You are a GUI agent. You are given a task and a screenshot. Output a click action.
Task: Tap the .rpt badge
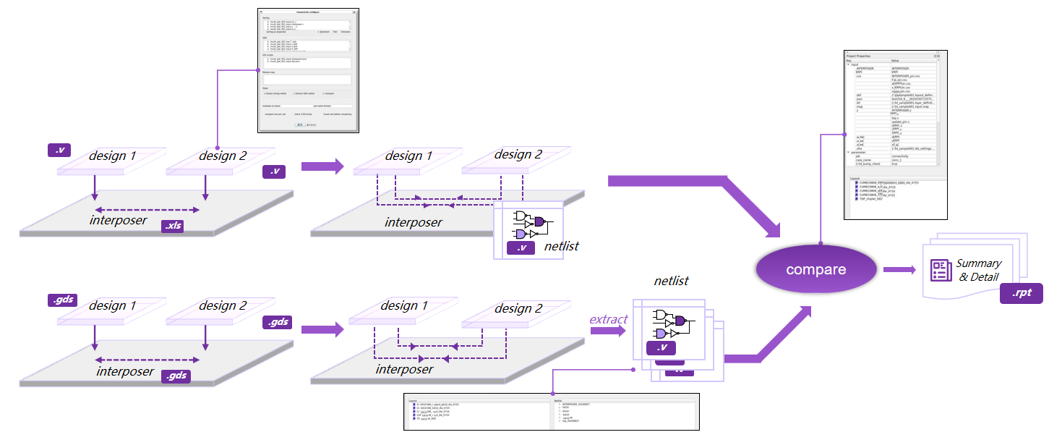[x=1022, y=294]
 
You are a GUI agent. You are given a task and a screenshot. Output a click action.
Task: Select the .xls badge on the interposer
[x=174, y=227]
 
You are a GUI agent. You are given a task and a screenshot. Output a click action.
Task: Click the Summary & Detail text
[x=978, y=270]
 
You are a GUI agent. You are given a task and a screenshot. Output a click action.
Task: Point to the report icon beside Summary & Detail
[x=940, y=270]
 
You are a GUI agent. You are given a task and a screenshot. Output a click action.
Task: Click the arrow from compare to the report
[x=900, y=270]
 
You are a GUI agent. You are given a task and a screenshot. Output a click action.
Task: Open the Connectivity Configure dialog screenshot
[x=308, y=71]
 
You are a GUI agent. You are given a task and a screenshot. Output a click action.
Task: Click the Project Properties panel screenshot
[x=895, y=135]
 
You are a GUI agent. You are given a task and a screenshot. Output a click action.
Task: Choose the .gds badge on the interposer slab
[x=176, y=376]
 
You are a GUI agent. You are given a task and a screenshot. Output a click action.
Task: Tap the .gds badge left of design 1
[x=62, y=299]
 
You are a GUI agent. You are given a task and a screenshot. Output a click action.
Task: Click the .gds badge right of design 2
[x=277, y=322]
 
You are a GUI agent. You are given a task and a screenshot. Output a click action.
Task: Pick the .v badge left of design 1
[x=59, y=151]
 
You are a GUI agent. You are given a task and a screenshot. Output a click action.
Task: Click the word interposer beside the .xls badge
[x=118, y=220]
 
